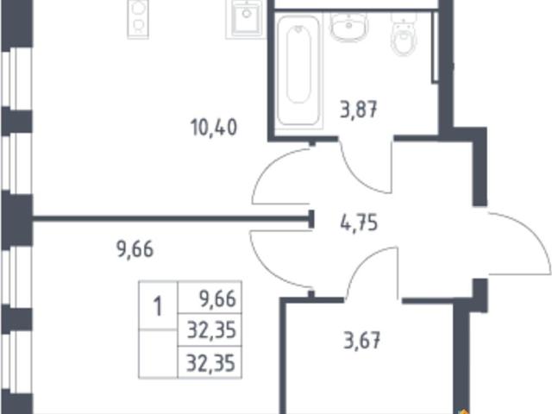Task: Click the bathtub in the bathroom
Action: [x=298, y=71]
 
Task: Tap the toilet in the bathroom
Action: [x=404, y=34]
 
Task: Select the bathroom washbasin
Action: [x=348, y=27]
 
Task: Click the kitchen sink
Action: [x=246, y=19]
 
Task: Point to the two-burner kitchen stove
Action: [x=138, y=18]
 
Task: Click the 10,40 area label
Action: [x=214, y=127]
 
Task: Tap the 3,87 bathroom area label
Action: [x=359, y=110]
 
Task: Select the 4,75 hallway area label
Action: [x=359, y=223]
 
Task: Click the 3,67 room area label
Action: [x=361, y=341]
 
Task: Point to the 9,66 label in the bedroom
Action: [x=135, y=249]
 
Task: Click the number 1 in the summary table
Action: [x=158, y=306]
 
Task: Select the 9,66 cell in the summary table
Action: [x=217, y=299]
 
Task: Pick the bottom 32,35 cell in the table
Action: [x=210, y=363]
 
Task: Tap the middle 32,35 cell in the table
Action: [x=211, y=330]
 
